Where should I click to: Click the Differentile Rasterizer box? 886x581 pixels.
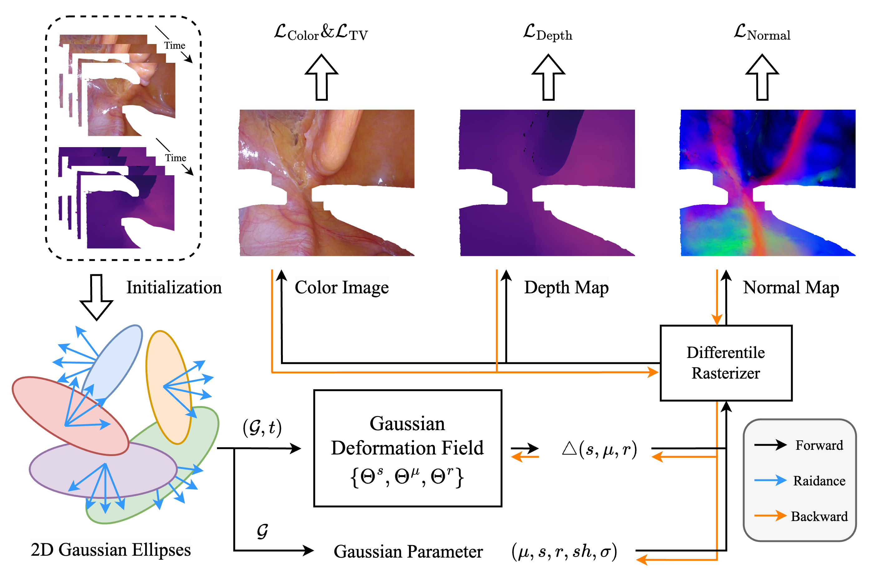(x=726, y=363)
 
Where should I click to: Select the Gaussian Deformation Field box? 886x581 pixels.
(x=407, y=448)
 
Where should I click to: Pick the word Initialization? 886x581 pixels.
(x=174, y=287)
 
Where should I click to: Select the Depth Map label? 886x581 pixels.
(x=566, y=287)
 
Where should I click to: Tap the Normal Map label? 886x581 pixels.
(x=791, y=287)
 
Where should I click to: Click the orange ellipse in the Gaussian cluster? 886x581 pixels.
(x=168, y=387)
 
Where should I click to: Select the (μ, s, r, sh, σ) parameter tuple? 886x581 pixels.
(x=564, y=551)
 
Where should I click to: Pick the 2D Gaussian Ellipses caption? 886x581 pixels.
(x=111, y=550)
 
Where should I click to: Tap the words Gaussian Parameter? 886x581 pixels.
(x=408, y=552)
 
